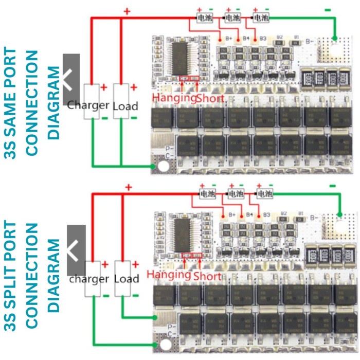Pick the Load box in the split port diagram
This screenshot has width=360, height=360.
[x=122, y=278]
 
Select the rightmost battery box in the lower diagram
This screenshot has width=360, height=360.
[x=265, y=194]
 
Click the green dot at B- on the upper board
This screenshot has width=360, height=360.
[x=335, y=38]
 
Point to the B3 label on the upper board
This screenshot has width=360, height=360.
[x=262, y=38]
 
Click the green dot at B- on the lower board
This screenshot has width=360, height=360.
[x=339, y=214]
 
